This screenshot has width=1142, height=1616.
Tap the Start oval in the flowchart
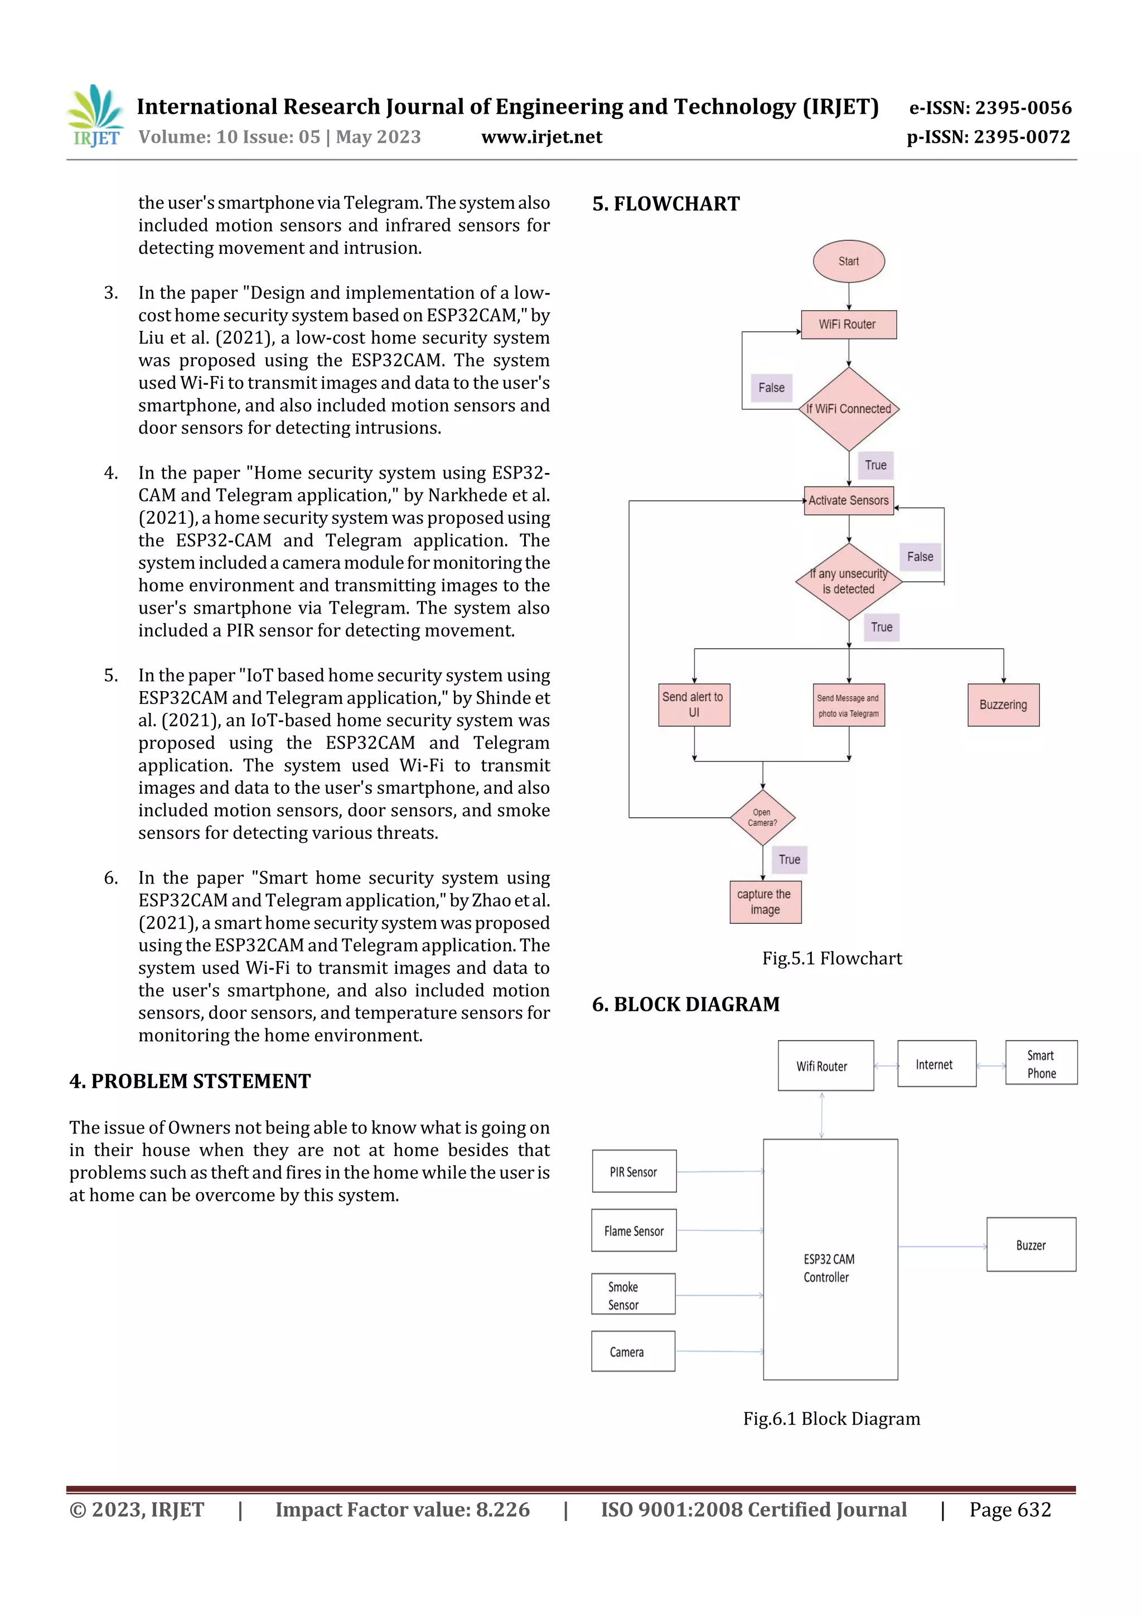(849, 261)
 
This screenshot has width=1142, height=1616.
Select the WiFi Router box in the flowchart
(849, 325)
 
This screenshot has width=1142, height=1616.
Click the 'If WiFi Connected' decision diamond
(849, 409)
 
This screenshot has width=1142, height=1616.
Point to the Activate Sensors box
(849, 500)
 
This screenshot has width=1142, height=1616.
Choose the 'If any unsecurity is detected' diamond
(849, 581)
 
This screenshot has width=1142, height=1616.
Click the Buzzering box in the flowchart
(1003, 705)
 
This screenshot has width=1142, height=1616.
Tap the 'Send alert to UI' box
(694, 705)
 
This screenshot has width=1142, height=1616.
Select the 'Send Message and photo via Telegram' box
(849, 705)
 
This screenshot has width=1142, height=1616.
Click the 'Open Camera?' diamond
(763, 817)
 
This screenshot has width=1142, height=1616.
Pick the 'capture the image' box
(765, 901)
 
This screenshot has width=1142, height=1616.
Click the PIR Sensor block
(634, 1172)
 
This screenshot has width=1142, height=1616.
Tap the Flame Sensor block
(634, 1231)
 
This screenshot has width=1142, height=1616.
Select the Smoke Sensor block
(633, 1294)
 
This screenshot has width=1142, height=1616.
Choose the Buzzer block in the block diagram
(1031, 1245)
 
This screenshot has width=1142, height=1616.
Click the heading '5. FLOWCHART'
(666, 204)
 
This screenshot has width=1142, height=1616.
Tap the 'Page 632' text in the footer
(1010, 1509)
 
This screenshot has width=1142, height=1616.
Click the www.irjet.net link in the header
(542, 137)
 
